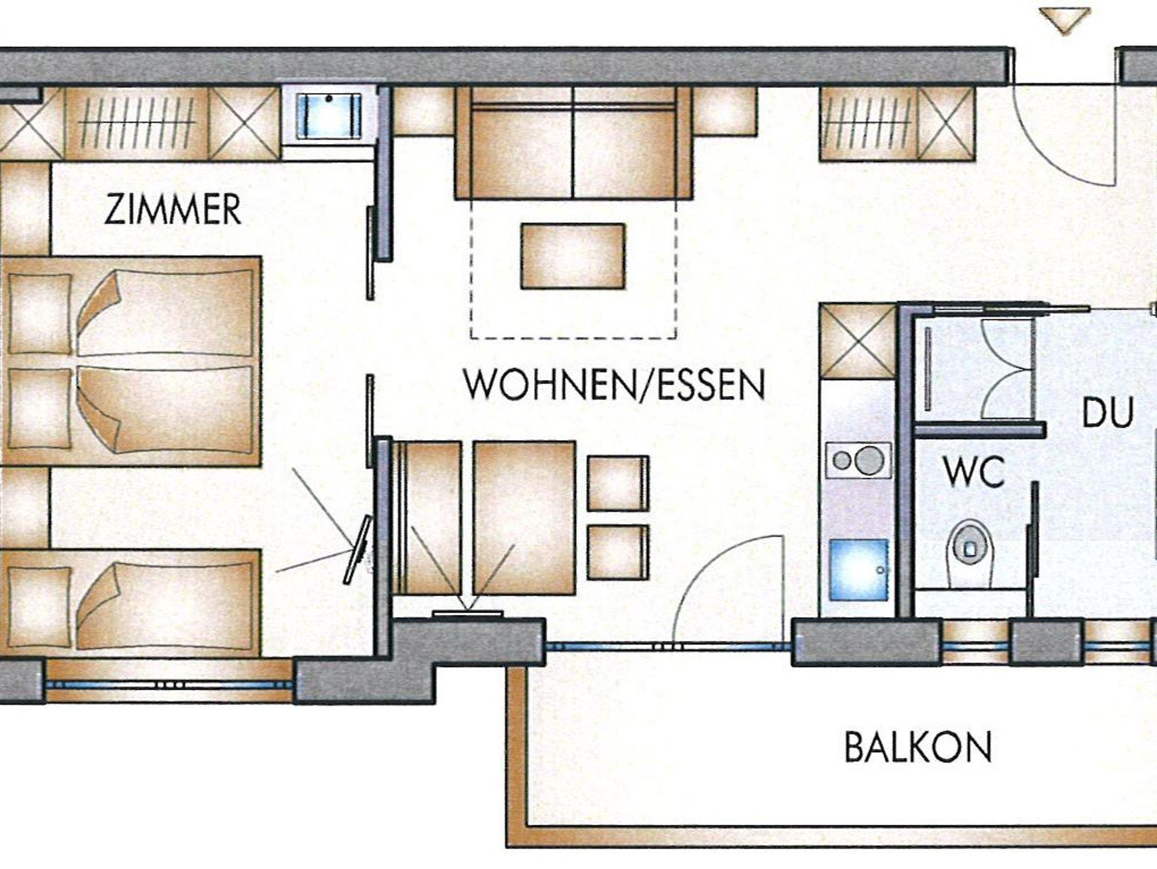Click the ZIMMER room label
[x=172, y=210]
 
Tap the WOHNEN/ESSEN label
[x=615, y=385]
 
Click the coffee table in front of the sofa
[x=573, y=256]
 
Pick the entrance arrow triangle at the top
[x=1064, y=20]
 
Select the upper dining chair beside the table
[x=617, y=483]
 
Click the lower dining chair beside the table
[x=617, y=553]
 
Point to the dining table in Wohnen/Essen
[x=524, y=518]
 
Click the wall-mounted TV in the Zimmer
[x=357, y=549]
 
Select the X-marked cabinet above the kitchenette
[x=858, y=341]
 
